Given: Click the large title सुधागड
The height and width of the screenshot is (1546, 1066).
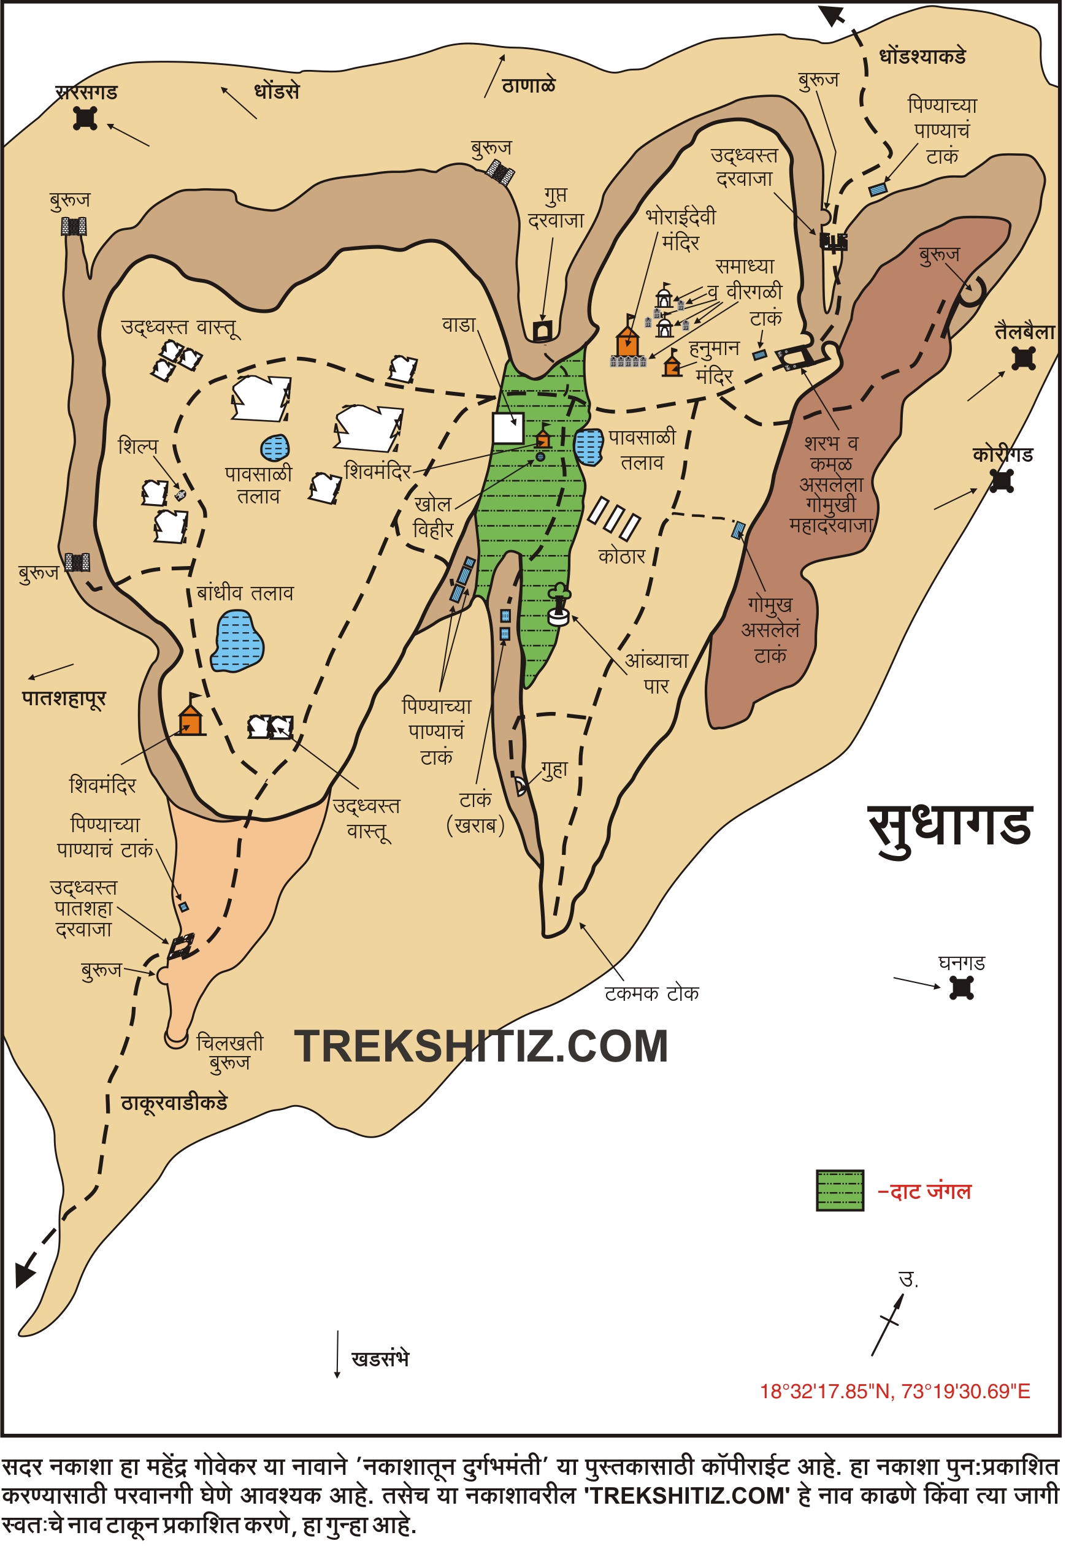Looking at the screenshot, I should [951, 827].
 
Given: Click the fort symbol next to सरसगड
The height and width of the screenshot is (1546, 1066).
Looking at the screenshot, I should [85, 118].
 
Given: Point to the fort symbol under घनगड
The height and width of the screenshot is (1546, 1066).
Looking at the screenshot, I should [962, 988].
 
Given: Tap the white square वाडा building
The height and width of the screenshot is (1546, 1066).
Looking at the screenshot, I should [508, 428].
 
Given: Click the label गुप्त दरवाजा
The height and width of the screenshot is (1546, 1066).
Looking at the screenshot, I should [556, 208].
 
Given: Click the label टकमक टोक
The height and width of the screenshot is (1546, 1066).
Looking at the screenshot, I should [652, 993].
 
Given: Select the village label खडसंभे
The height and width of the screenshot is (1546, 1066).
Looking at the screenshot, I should [380, 1359].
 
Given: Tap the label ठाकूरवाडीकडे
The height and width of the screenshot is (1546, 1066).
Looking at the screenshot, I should [174, 1103].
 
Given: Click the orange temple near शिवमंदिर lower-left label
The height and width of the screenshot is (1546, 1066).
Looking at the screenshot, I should [191, 719].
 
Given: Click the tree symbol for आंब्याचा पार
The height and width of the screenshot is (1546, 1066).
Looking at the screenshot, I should [559, 605].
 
